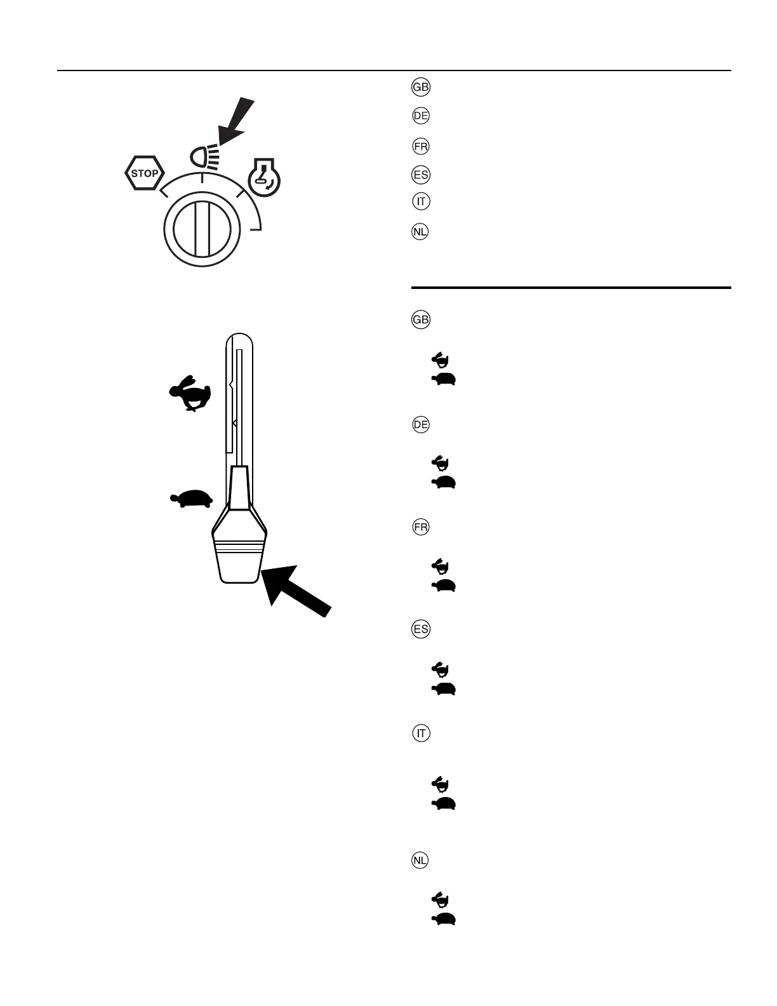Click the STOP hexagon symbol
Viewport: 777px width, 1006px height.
pos(145,173)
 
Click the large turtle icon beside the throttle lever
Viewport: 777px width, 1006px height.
pos(191,499)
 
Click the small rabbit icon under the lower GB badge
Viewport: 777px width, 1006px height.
pos(441,361)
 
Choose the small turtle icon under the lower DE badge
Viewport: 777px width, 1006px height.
pos(444,483)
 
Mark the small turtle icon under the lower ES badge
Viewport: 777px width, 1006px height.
pos(444,688)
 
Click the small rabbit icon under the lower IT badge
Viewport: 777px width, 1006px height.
pos(441,782)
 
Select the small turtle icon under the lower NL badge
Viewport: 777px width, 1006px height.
pos(444,918)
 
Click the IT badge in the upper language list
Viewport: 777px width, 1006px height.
pos(421,202)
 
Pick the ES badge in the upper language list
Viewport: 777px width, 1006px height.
pos(421,175)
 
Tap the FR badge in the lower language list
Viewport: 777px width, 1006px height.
pos(421,527)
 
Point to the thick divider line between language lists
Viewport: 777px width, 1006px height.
pos(571,288)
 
